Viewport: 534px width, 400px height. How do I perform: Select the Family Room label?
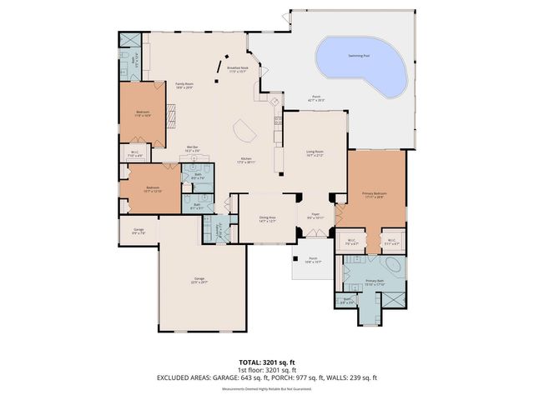184,85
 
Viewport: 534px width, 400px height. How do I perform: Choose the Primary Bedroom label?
373,195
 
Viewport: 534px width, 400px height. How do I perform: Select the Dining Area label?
267,219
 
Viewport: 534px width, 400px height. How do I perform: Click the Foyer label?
315,215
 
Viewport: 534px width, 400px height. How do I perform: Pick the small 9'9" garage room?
139,232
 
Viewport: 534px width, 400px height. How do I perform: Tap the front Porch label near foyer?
313,260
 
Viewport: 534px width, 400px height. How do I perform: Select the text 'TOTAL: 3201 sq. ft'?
266,362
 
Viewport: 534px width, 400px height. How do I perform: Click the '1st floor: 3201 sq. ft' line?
266,369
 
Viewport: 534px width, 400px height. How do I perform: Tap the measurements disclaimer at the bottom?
266,387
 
